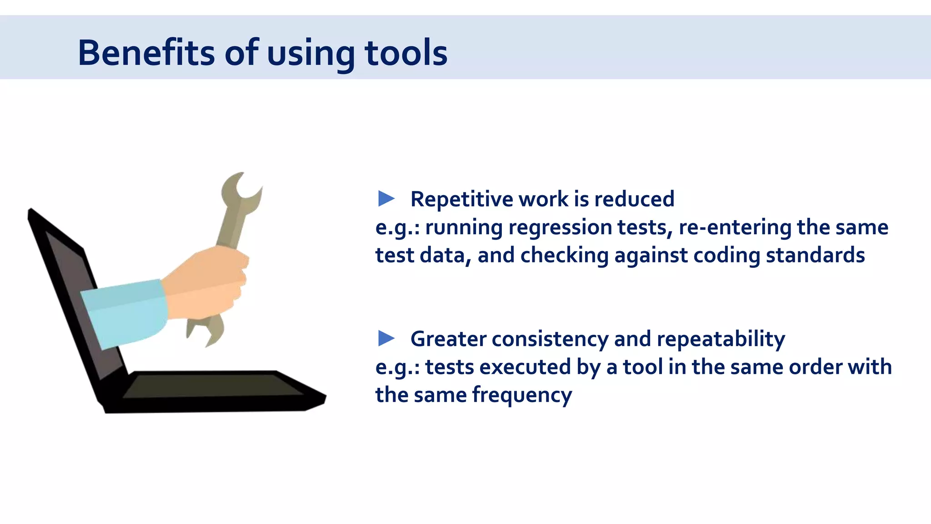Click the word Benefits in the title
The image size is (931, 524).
146,53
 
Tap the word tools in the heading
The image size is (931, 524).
406,53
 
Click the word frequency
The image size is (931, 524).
522,395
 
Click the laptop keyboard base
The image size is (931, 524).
214,391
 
